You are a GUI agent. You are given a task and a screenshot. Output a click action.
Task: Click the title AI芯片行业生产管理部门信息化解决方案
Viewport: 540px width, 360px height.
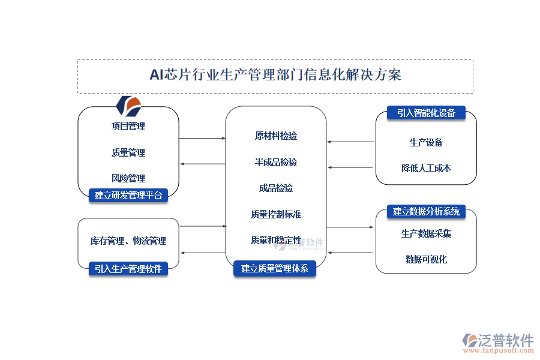(275, 75)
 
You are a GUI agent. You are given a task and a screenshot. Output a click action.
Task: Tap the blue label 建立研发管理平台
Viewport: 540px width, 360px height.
(128, 194)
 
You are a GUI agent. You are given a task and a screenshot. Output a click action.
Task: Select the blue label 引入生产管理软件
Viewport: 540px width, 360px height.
(128, 269)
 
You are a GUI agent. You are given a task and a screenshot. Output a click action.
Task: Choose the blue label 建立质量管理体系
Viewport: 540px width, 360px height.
(275, 269)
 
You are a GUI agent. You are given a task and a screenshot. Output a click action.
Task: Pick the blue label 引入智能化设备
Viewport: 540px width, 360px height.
(426, 113)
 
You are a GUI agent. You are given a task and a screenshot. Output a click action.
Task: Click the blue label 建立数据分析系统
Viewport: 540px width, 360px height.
(426, 211)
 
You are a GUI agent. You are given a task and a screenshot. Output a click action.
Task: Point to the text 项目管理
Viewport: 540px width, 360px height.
(128, 127)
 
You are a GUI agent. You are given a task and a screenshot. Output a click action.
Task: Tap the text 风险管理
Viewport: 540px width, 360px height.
(128, 178)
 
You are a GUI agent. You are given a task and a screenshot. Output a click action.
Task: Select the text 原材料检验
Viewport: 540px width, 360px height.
(276, 136)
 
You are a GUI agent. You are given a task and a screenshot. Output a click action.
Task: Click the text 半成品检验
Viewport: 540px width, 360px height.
(276, 163)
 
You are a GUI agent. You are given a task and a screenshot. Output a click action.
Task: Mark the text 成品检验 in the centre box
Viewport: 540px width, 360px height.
(276, 188)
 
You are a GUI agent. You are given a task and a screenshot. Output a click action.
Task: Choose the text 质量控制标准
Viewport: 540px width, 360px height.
(276, 214)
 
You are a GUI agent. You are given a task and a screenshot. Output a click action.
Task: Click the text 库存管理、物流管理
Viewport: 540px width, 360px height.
(128, 241)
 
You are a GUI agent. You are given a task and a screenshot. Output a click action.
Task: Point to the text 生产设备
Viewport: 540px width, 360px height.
(426, 143)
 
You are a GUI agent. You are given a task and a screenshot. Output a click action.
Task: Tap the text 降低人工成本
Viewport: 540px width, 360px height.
(426, 169)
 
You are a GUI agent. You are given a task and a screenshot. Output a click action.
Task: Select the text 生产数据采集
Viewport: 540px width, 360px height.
(426, 234)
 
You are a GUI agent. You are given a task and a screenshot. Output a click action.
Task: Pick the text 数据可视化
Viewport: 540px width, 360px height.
(426, 260)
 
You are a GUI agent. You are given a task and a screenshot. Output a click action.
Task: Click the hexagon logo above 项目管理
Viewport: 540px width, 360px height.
(128, 106)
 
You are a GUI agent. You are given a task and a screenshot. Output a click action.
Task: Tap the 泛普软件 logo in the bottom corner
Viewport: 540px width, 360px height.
(497, 343)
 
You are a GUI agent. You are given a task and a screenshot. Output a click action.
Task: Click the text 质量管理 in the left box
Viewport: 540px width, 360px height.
(128, 153)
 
